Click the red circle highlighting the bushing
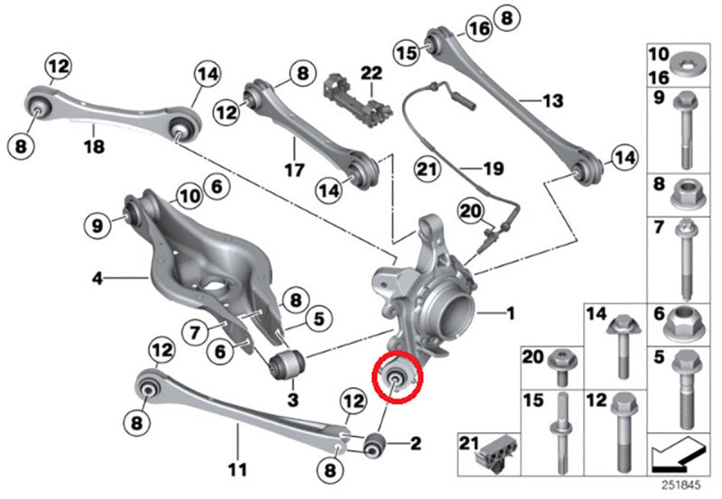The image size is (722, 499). coord(397,377)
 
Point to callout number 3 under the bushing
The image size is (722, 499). coord(293,398)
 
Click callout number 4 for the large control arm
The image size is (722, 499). coord(97,280)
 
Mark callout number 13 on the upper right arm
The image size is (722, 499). coord(551,99)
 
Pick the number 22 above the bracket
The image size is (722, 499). coord(372,72)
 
